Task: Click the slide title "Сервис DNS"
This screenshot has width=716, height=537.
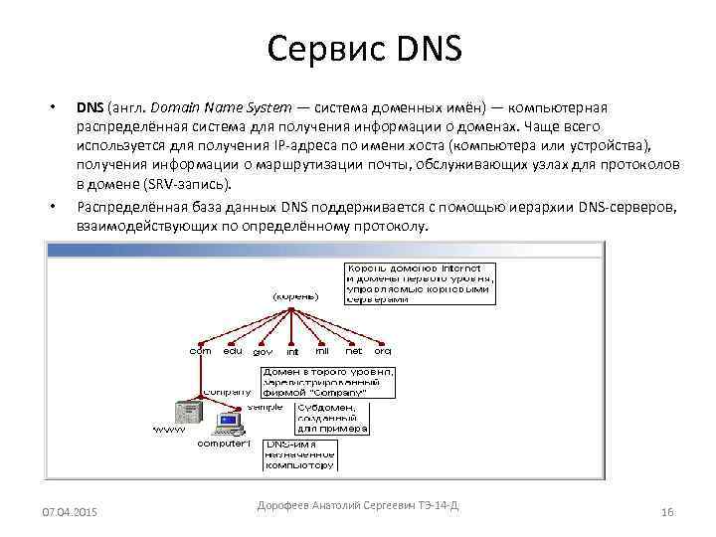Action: pos(365,48)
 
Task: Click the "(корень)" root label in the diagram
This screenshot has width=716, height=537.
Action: pos(295,295)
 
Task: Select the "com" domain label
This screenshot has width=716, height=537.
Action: pos(200,350)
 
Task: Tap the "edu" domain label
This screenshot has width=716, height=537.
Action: pos(233,350)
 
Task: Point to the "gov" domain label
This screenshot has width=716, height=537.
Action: pos(263,351)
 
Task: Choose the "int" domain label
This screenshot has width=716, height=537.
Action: pos(292,351)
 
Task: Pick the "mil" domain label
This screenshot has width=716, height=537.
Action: pos(322,350)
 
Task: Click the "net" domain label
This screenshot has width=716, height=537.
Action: pos(353,350)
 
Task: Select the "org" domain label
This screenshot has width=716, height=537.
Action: pos(383,350)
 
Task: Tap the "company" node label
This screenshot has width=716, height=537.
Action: pos(227,392)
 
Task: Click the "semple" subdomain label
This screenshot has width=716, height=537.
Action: pos(265,407)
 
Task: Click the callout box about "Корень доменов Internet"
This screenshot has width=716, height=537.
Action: pos(419,283)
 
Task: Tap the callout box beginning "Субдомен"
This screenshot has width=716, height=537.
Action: pos(333,418)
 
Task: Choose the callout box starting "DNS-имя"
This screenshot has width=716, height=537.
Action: pos(299,454)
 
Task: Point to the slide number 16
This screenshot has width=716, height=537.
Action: pos(666,511)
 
